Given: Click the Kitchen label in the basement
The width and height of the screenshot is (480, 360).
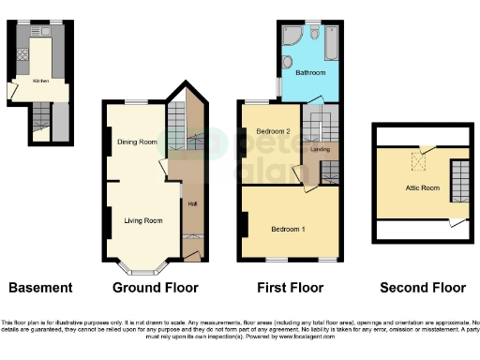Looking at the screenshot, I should [x=40, y=82].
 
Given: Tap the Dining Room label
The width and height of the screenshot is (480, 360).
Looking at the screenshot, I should [x=137, y=142].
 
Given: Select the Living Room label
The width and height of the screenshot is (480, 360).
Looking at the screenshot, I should [x=142, y=221].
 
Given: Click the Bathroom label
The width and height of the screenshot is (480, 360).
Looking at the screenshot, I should [x=310, y=71].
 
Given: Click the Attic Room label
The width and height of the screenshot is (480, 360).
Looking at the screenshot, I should [x=422, y=187].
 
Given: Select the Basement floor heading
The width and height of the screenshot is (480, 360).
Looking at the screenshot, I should [x=40, y=288].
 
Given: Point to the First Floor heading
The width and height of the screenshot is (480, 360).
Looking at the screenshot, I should [x=290, y=288].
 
